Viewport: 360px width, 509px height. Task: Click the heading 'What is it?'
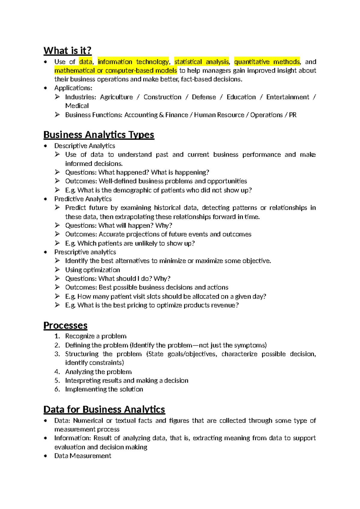(x=67, y=50)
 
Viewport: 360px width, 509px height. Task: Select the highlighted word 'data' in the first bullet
(x=85, y=62)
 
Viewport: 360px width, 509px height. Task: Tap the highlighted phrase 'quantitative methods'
(x=267, y=62)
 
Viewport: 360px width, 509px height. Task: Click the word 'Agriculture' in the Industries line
(x=116, y=97)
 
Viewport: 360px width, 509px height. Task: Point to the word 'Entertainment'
(x=287, y=97)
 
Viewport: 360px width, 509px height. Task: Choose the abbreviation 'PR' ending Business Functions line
(x=292, y=115)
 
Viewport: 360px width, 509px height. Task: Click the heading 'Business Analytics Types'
(x=99, y=135)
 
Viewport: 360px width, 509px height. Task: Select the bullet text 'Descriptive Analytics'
(x=85, y=146)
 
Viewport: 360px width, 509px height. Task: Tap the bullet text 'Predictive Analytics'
(x=83, y=199)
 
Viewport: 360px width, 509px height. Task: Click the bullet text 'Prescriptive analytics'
(x=85, y=252)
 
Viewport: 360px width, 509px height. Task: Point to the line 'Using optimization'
(x=92, y=270)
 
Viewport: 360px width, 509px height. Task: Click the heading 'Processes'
(x=65, y=326)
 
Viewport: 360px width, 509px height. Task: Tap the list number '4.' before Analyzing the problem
(x=57, y=372)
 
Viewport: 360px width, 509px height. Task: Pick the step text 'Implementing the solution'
(x=104, y=389)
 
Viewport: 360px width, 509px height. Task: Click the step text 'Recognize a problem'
(x=96, y=336)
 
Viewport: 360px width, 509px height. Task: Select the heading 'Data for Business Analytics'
(x=104, y=410)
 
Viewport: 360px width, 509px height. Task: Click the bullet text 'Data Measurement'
(x=82, y=456)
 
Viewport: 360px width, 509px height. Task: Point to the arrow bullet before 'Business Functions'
(x=57, y=115)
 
